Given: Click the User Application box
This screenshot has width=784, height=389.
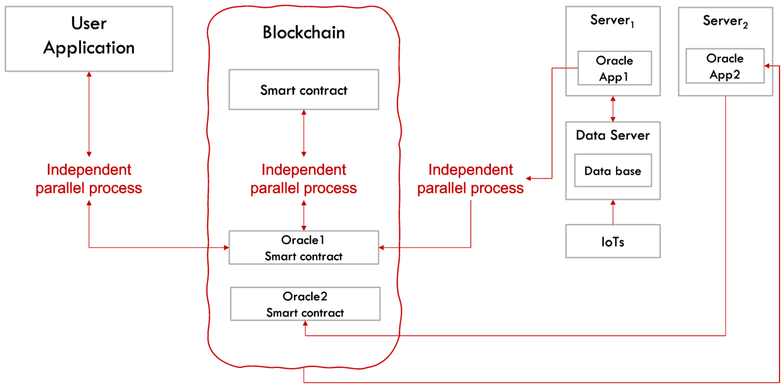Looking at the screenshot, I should [x=89, y=39].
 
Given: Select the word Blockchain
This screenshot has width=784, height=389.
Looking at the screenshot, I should [x=304, y=32].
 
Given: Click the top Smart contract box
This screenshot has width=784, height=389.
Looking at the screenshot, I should [x=304, y=90].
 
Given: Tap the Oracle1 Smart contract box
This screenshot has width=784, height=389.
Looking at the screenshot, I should [x=304, y=248].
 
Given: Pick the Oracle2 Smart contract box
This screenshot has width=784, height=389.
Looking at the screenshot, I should [x=305, y=304].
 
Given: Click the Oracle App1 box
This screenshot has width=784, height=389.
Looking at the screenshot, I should [x=615, y=68].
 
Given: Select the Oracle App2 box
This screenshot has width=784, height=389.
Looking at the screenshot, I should [x=725, y=66].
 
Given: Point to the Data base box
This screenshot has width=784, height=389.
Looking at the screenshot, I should [x=613, y=171].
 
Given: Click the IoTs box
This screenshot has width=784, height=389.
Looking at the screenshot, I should [x=613, y=242].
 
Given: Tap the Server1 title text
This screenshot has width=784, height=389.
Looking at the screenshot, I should [x=612, y=21].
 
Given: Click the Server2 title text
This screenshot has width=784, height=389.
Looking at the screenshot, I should [x=725, y=21].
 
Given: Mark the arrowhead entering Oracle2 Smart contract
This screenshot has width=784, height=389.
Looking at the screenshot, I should [x=305, y=324].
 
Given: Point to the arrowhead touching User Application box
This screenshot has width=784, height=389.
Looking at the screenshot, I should [x=89, y=74].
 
